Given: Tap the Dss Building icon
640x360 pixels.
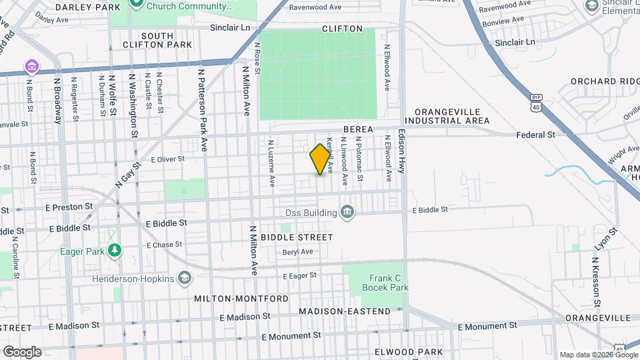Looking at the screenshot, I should click(347, 212).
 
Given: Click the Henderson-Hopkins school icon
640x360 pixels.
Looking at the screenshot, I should click(184, 279).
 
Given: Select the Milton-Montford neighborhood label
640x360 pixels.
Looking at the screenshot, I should click(241, 298).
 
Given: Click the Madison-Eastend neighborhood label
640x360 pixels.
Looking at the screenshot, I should click(345, 311).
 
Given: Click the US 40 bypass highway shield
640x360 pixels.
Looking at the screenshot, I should click(535, 103).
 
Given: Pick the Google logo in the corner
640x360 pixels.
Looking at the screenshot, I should click(22, 351).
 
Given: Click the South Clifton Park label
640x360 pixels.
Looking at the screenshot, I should click(157, 40).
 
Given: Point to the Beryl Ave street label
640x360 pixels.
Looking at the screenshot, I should click(297, 252).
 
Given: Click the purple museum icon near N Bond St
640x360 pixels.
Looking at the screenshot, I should click(31, 66).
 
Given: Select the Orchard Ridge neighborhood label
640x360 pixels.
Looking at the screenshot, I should click(603, 81).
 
